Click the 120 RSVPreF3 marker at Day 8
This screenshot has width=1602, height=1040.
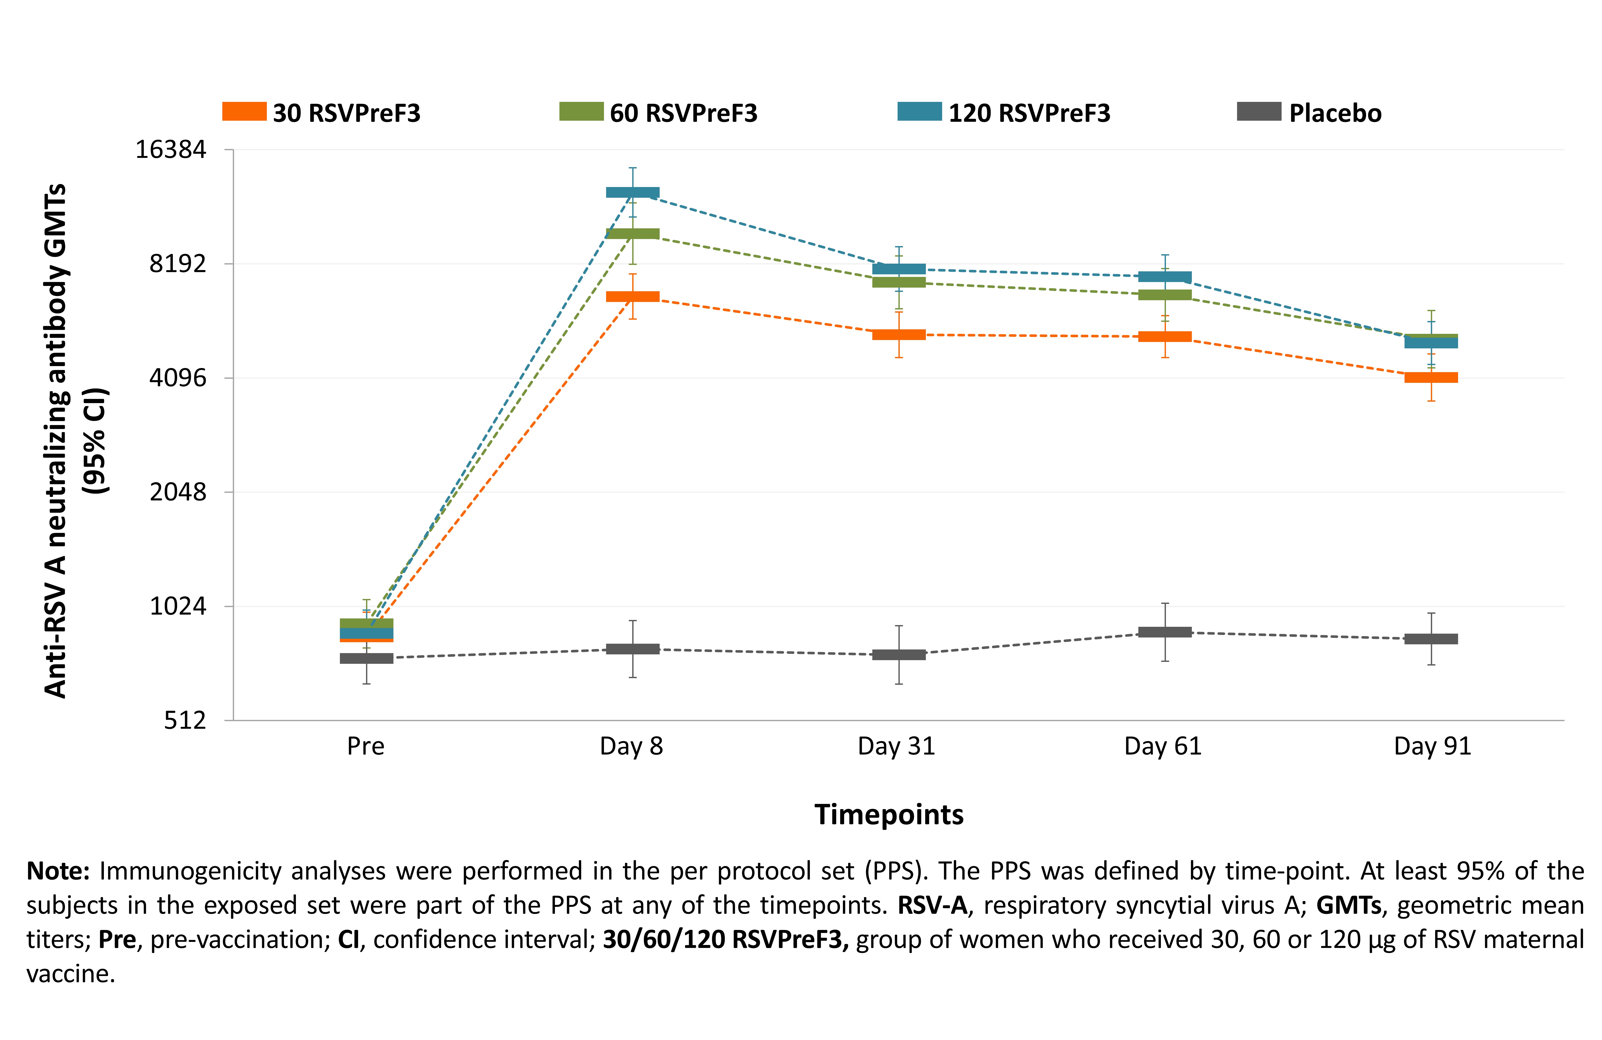(x=633, y=192)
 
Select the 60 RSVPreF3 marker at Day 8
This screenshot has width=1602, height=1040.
(x=633, y=233)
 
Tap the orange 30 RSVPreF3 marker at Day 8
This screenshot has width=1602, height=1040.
(x=633, y=297)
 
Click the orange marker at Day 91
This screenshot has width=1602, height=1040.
(x=1431, y=377)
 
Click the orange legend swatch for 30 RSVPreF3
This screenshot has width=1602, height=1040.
(x=244, y=112)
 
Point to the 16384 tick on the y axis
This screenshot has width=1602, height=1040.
(x=171, y=149)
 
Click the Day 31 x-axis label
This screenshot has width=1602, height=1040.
(x=897, y=746)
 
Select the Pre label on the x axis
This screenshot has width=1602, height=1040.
(x=366, y=746)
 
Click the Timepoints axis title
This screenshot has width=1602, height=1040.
(x=889, y=815)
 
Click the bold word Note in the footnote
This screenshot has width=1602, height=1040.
(x=58, y=871)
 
